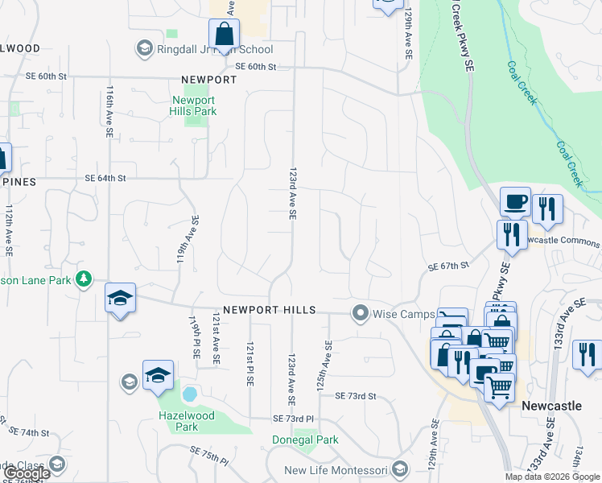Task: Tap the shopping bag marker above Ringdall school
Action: [x=224, y=34]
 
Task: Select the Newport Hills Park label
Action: [x=193, y=106]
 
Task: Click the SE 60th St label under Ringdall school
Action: [x=256, y=67]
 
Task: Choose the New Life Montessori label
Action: [x=336, y=469]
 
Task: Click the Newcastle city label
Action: [x=551, y=406]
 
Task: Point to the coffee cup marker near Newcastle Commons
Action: [x=514, y=201]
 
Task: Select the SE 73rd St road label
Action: [x=356, y=396]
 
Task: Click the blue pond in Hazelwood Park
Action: [x=190, y=394]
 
